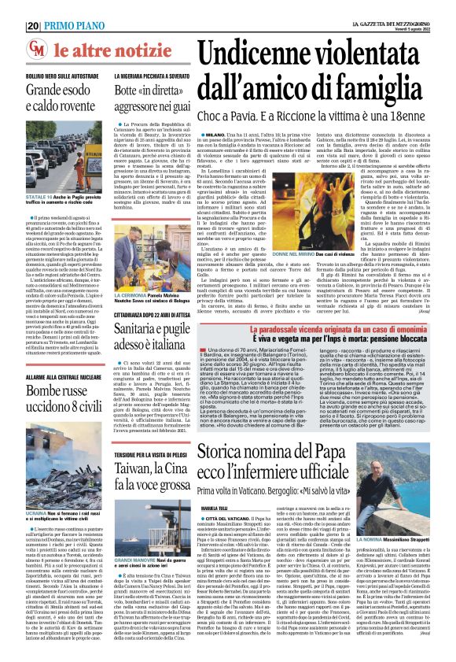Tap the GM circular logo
[37, 50]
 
